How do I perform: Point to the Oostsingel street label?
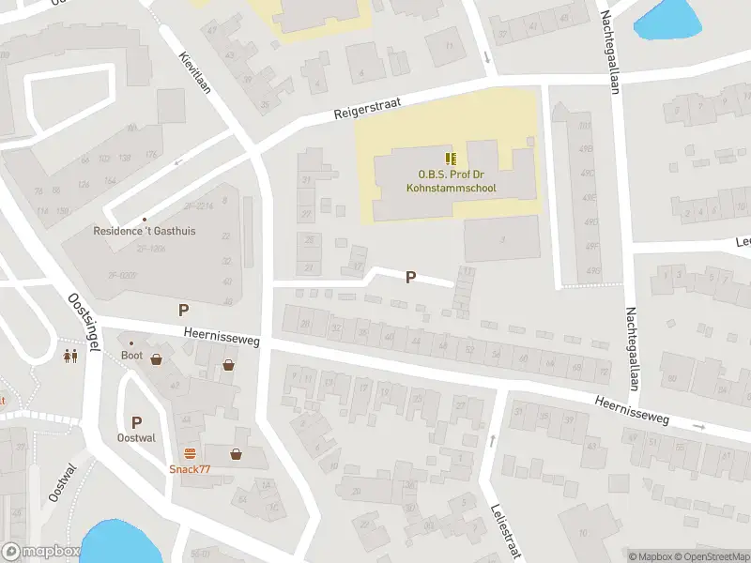tap(84, 320)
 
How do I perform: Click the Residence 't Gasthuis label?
tap(145, 230)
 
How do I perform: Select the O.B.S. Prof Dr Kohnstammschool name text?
tap(451, 181)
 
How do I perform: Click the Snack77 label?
tap(190, 469)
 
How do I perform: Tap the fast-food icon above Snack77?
tap(190, 453)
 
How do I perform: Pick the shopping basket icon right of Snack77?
tap(236, 454)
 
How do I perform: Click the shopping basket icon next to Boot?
tap(156, 358)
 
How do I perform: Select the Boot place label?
tap(131, 356)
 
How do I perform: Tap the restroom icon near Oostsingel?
tap(70, 357)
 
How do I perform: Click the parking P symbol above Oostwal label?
tap(136, 422)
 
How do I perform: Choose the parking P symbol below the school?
tap(410, 277)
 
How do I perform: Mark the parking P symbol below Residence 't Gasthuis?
tap(184, 310)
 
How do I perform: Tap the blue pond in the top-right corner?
tap(668, 19)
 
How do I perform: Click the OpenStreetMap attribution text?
tap(714, 556)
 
